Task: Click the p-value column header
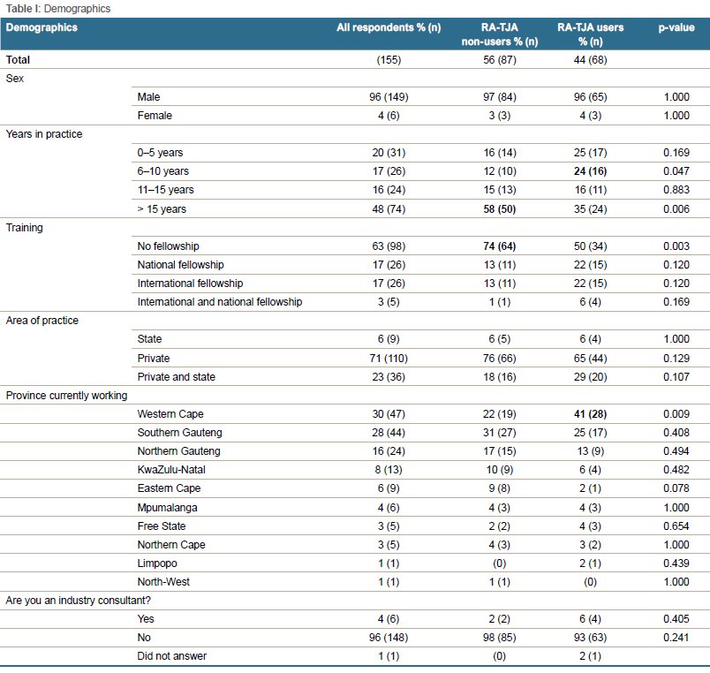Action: coord(676,27)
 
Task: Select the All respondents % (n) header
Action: coord(389,27)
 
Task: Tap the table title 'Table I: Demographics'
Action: coord(58,9)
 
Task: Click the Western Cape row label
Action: coord(170,414)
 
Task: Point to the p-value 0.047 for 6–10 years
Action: coord(676,171)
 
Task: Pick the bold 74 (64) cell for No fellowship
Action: coord(500,246)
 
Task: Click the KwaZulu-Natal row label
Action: coord(171,470)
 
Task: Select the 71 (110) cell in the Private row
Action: coord(389,359)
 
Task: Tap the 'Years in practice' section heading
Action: coord(44,134)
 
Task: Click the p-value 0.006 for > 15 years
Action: coord(676,208)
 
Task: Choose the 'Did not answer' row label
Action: coord(172,656)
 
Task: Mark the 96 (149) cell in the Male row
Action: coord(389,97)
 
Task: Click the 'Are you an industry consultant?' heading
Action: coord(79,600)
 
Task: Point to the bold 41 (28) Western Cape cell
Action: coord(590,414)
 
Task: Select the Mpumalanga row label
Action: coord(167,507)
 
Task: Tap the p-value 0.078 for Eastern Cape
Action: coord(676,488)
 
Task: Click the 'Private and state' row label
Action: coord(176,377)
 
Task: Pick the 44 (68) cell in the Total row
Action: coord(590,60)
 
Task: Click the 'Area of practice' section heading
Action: coord(42,321)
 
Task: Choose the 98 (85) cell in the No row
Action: coord(500,637)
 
